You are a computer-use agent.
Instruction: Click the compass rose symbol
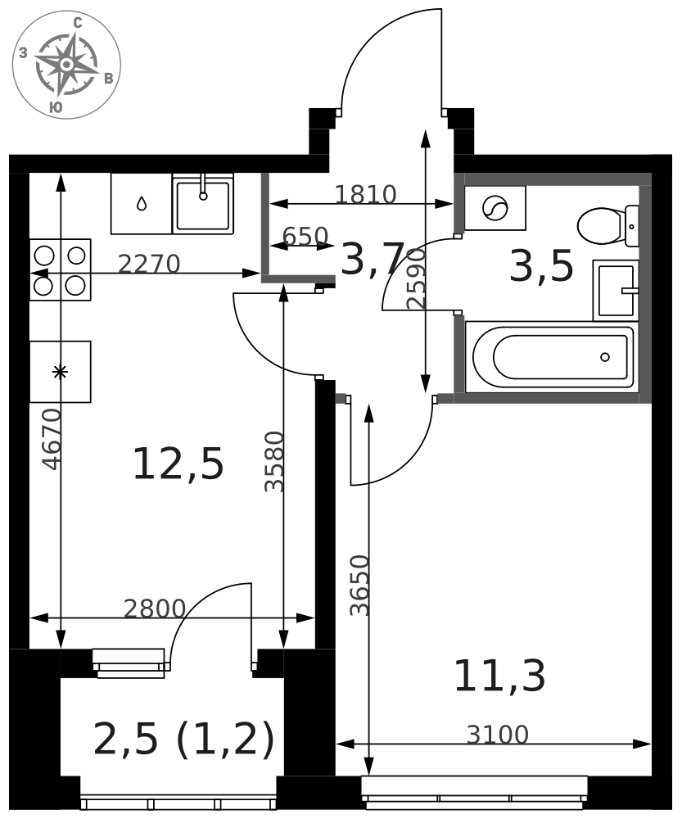pyautogui.click(x=66, y=64)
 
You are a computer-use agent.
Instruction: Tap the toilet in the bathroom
pyautogui.click(x=608, y=226)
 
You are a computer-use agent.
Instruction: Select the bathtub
pyautogui.click(x=551, y=357)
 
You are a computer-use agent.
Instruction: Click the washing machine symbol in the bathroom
pyautogui.click(x=495, y=208)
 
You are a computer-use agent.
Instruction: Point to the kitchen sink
pyautogui.click(x=203, y=204)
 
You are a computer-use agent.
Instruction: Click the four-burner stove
pyautogui.click(x=60, y=269)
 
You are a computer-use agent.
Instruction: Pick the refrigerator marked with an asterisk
pyautogui.click(x=60, y=372)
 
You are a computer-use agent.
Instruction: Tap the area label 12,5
pyautogui.click(x=178, y=464)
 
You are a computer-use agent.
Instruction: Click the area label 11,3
pyautogui.click(x=499, y=676)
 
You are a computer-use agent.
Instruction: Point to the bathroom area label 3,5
pyautogui.click(x=541, y=266)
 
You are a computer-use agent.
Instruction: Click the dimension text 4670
pyautogui.click(x=52, y=439)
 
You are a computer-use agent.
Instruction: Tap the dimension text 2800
pyautogui.click(x=155, y=609)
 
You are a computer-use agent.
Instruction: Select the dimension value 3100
pyautogui.click(x=498, y=735)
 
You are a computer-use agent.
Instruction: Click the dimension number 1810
pyautogui.click(x=365, y=195)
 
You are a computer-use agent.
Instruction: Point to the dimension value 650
pyautogui.click(x=305, y=237)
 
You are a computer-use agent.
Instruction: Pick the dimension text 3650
pyautogui.click(x=359, y=585)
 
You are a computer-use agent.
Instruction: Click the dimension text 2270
pyautogui.click(x=149, y=265)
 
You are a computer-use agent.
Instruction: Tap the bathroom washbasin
pyautogui.click(x=617, y=291)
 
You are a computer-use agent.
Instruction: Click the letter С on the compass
pyautogui.click(x=78, y=22)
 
